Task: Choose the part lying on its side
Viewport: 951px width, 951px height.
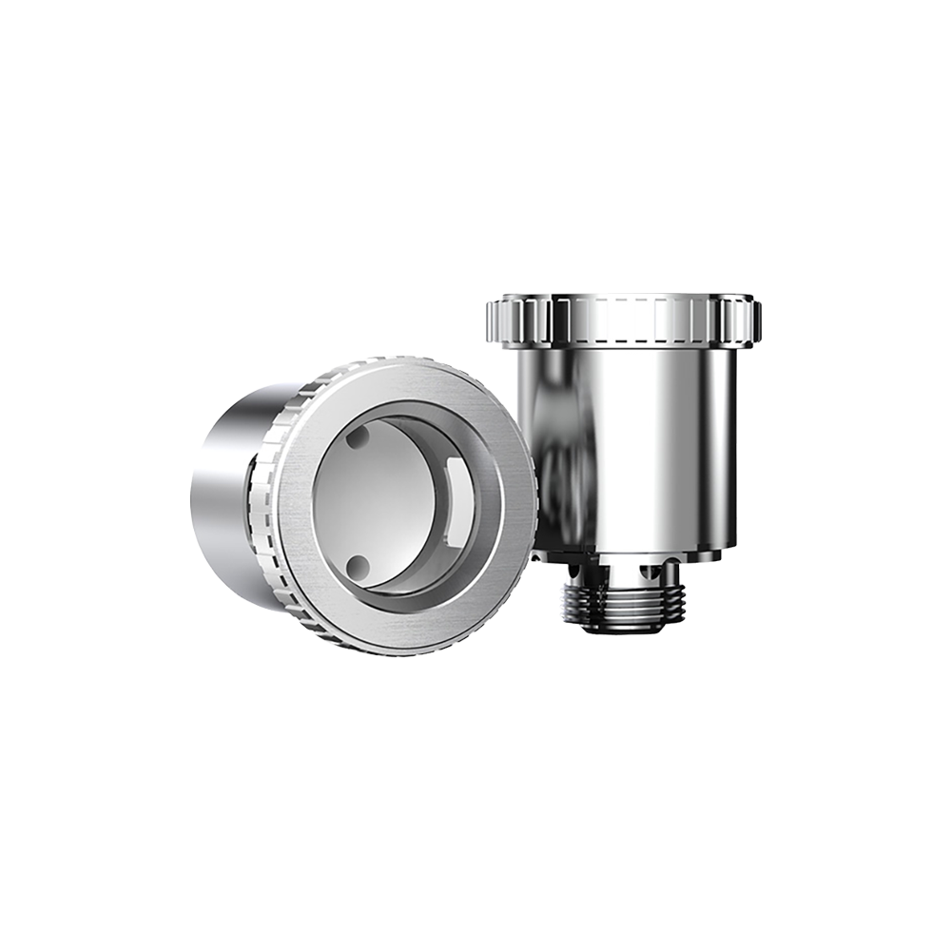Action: (361, 504)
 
